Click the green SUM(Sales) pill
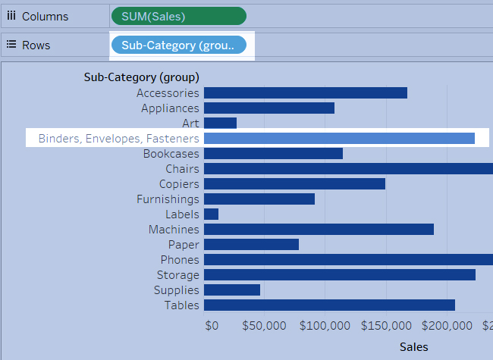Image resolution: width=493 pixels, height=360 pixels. pos(178,16)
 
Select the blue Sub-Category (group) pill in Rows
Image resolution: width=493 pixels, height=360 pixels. pos(178,45)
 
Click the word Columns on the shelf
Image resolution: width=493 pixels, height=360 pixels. pos(45,16)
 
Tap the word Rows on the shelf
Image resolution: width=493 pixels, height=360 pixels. pos(36,45)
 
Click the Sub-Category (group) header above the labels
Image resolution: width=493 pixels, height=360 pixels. pos(141,77)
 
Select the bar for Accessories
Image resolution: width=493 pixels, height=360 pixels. pos(305,93)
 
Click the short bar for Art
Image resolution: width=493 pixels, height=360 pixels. pos(220,124)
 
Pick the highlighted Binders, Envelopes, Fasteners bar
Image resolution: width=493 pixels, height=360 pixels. pos(339,139)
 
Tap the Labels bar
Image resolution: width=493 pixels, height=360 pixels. pos(211,214)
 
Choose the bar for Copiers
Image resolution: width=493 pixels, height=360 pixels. pos(294,184)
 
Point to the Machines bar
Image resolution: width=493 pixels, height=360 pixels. pos(319,230)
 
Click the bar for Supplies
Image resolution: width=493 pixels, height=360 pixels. pos(232,290)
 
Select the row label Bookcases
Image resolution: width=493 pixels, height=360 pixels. pos(171,154)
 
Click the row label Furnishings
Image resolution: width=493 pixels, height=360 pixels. pos(168,199)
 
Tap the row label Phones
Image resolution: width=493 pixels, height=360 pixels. pos(180,260)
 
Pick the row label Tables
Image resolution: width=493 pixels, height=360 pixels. pos(182,305)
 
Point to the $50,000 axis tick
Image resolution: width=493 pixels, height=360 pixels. pos(264,326)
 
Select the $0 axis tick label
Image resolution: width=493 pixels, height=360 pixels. pos(212,326)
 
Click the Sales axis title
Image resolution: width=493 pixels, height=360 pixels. pos(413,347)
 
